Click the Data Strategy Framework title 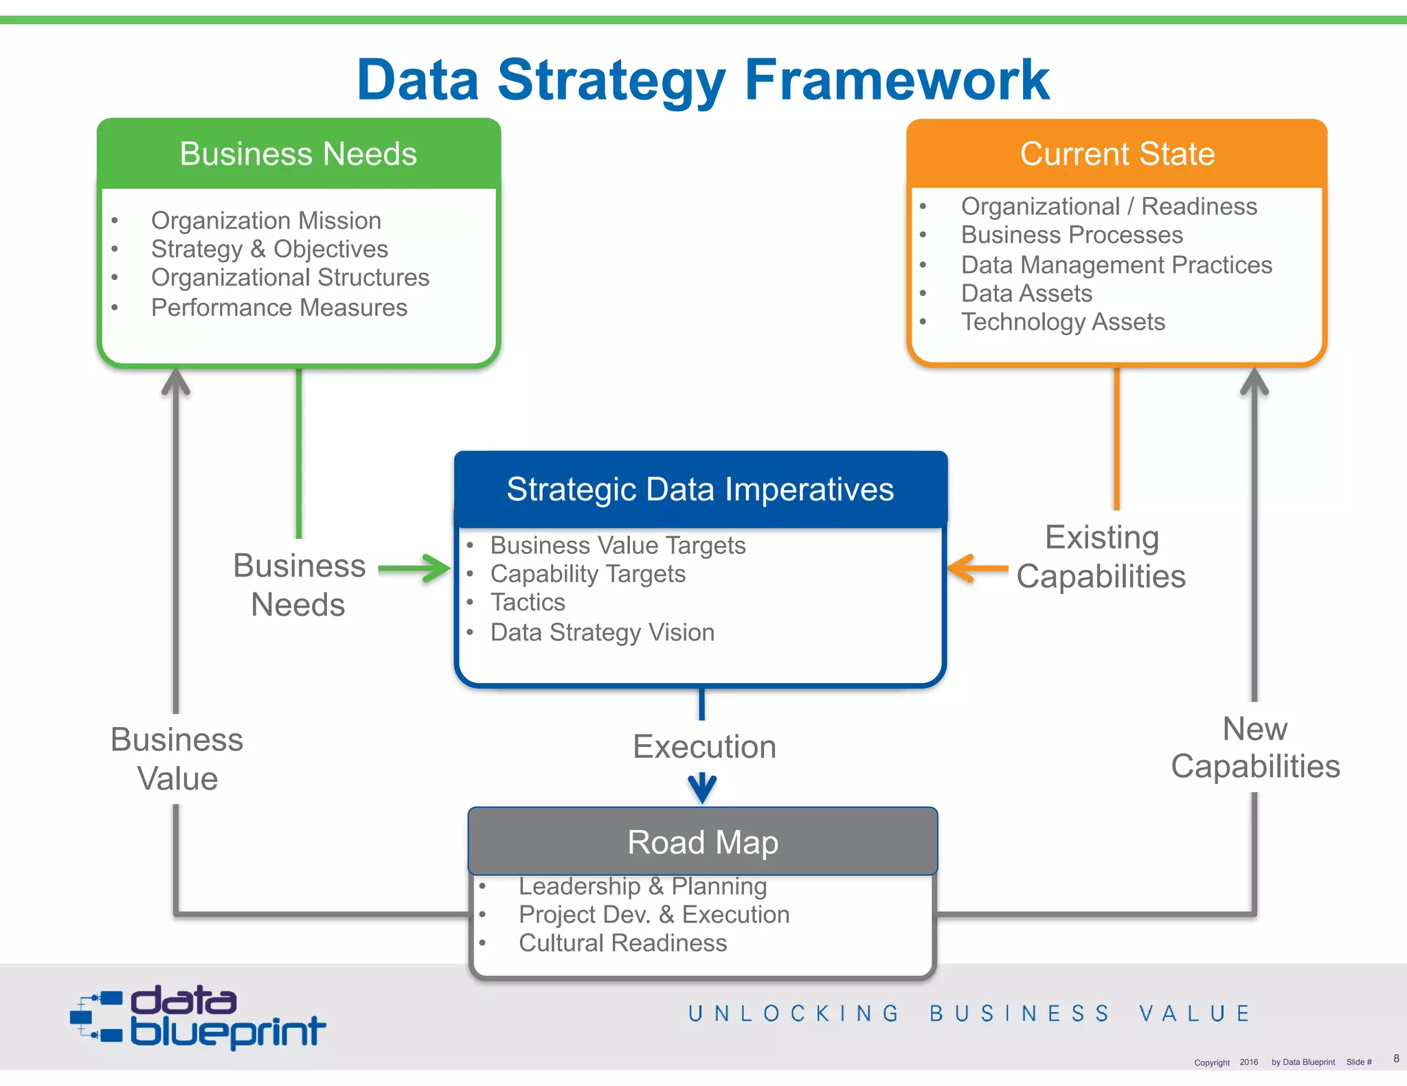703,81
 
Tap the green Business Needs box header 298,154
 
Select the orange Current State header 1117,154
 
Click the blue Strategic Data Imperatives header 700,489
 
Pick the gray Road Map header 702,842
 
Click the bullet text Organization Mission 266,221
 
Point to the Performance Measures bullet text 279,308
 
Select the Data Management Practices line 1116,265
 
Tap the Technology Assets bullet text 1063,322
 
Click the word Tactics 528,603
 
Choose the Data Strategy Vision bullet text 602,632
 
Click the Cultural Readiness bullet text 622,943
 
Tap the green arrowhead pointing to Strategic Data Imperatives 437,568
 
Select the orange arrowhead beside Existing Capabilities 960,568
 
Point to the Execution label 704,747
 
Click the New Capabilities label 1255,748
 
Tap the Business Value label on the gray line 177,759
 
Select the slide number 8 1396,1059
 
